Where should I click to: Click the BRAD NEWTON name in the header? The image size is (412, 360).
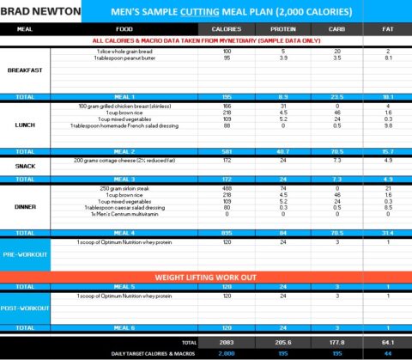tap(41, 12)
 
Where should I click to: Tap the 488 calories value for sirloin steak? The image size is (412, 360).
tap(227, 188)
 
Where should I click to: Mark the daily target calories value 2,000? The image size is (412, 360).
tap(227, 353)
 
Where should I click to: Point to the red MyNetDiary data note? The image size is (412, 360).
tap(206, 40)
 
